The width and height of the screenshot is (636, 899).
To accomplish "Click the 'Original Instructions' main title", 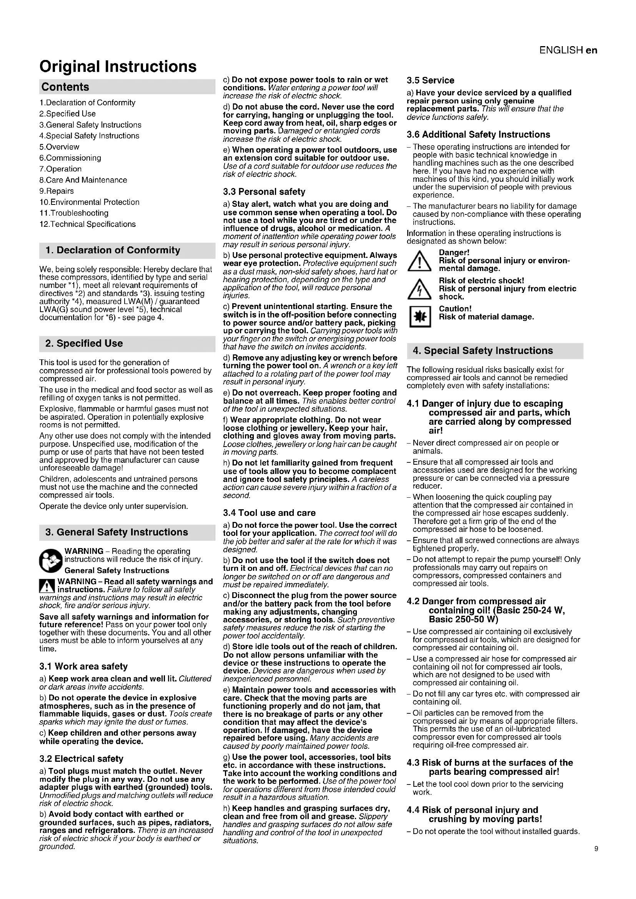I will pyautogui.click(x=118, y=66).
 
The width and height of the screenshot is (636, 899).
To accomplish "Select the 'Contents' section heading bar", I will pyautogui.click(x=127, y=87).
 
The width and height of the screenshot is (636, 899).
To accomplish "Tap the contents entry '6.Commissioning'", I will pyautogui.click(x=70, y=158).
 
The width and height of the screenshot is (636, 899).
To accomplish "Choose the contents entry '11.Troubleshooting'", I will pyautogui.click(x=73, y=213).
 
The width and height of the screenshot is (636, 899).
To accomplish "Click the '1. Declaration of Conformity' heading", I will pyautogui.click(x=113, y=250).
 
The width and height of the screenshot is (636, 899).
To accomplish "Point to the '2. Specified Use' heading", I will pyautogui.click(x=84, y=343).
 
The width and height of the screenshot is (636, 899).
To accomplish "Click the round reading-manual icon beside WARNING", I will pyautogui.click(x=50, y=560).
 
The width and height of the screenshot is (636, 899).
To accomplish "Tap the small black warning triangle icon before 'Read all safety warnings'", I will pyautogui.click(x=47, y=586).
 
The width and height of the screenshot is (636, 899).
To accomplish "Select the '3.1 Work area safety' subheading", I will pyautogui.click(x=83, y=666).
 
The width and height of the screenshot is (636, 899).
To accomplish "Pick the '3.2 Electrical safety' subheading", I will pyautogui.click(x=81, y=759).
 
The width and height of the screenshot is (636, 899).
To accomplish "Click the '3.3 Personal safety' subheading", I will pyautogui.click(x=264, y=192).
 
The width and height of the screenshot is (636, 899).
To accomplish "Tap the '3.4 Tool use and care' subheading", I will pyautogui.click(x=269, y=513).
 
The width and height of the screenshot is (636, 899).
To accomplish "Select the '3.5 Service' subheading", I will pyautogui.click(x=430, y=81).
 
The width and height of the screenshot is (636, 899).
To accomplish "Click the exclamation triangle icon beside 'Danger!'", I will pyautogui.click(x=419, y=261).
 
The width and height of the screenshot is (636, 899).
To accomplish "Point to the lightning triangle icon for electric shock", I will pyautogui.click(x=419, y=289).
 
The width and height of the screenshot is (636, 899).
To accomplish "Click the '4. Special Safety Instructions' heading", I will pyautogui.click(x=483, y=351).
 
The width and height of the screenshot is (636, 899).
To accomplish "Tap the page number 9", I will pyautogui.click(x=596, y=849).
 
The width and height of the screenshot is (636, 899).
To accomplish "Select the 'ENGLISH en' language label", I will pyautogui.click(x=568, y=50).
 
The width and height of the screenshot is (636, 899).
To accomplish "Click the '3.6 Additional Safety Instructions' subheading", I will pyautogui.click(x=478, y=135).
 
